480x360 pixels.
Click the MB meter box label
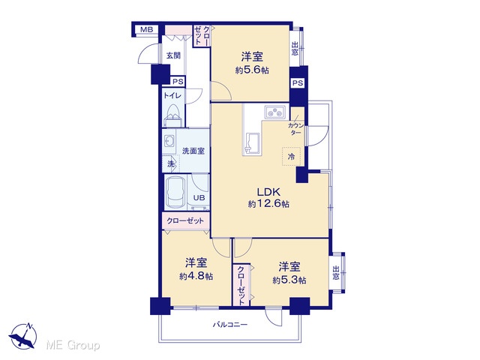[x=146, y=30]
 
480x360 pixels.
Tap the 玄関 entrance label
[x=173, y=55]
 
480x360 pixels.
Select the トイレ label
[x=172, y=95]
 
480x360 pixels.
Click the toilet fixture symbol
[x=173, y=115]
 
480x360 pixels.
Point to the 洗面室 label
[x=193, y=151]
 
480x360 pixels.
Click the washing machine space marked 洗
[x=171, y=163]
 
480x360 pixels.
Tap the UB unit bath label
[x=199, y=198]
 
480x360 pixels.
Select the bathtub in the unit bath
[x=175, y=192]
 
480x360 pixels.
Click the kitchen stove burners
[x=275, y=112]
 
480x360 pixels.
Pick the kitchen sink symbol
[x=253, y=144]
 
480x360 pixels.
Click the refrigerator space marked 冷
[x=291, y=157]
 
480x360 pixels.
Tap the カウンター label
[x=295, y=129]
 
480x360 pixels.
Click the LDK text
[x=268, y=192]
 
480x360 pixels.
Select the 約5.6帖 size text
[x=252, y=70]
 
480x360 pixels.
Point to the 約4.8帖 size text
[x=196, y=276]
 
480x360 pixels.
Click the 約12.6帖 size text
[x=268, y=204]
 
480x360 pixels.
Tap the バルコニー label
[x=230, y=324]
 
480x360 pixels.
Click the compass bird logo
[x=23, y=336]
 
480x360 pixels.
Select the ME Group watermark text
[x=73, y=345]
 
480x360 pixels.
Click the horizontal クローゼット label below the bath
[x=185, y=220]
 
